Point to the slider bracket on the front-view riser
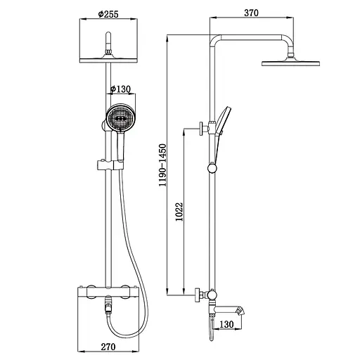[x=105, y=166]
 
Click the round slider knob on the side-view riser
[x=212, y=168]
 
